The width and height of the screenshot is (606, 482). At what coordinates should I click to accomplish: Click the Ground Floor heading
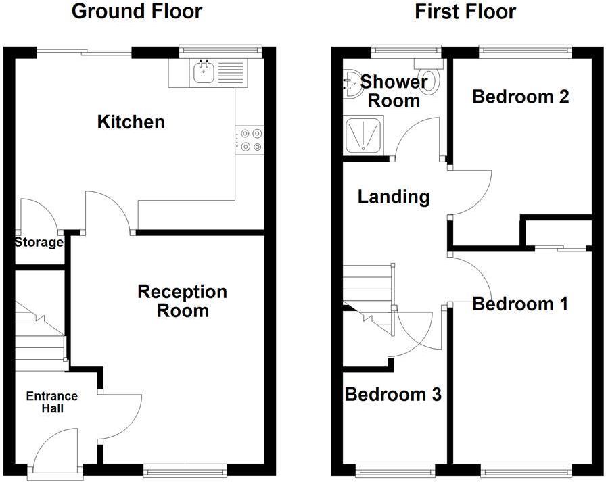pyautogui.click(x=136, y=11)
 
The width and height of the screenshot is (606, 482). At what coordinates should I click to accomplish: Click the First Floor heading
pyautogui.click(x=465, y=11)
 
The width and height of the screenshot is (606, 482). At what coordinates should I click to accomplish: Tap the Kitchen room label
pyautogui.click(x=131, y=122)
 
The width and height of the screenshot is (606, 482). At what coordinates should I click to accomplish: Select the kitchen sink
pyautogui.click(x=203, y=71)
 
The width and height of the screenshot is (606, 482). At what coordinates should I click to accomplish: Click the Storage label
pyautogui.click(x=39, y=242)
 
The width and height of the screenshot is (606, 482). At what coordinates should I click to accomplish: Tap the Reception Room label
pyautogui.click(x=182, y=302)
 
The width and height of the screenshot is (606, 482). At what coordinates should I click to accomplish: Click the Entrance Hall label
pyautogui.click(x=52, y=402)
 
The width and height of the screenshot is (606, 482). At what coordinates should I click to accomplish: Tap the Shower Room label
pyautogui.click(x=394, y=91)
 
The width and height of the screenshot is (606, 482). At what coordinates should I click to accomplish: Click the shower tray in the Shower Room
pyautogui.click(x=363, y=136)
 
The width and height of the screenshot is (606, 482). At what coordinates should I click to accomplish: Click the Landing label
pyautogui.click(x=393, y=197)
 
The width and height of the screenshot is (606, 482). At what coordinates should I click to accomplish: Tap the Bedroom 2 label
pyautogui.click(x=520, y=97)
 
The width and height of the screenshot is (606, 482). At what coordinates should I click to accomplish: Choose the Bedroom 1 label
pyautogui.click(x=519, y=304)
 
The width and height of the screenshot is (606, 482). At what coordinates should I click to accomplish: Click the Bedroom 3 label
pyautogui.click(x=393, y=394)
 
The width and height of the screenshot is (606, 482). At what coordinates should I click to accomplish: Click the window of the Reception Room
pyautogui.click(x=185, y=467)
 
